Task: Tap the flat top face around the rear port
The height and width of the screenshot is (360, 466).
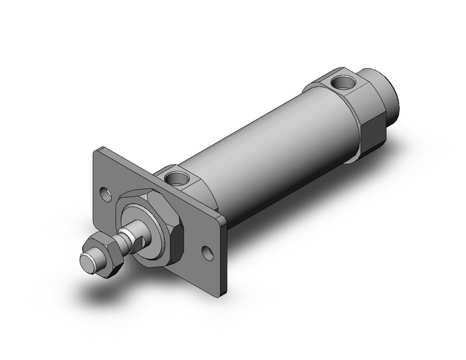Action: pos(338,83)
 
